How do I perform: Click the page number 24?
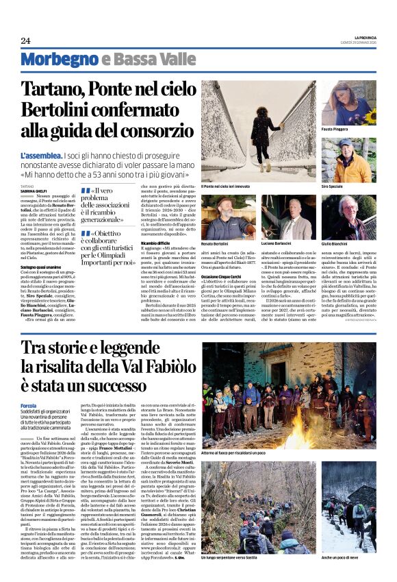[25, 40]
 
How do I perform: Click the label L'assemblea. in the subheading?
[42, 156]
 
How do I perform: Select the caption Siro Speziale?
[333, 186]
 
